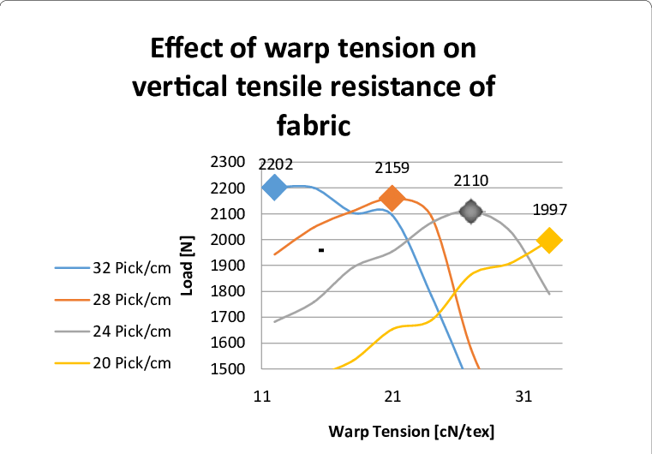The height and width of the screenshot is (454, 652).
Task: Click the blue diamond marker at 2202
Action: [274, 188]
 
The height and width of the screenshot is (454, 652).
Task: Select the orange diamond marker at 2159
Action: [392, 199]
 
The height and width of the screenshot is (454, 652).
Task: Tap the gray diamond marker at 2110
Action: [470, 212]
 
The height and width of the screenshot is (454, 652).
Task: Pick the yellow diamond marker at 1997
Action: [549, 241]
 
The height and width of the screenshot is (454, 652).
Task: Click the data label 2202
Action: [276, 164]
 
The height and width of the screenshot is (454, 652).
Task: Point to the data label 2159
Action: [392, 168]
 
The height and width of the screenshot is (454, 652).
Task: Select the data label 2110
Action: [470, 181]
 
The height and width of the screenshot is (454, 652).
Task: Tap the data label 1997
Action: [550, 210]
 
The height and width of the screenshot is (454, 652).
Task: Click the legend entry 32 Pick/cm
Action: [113, 268]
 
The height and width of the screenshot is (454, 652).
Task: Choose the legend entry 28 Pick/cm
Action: [113, 300]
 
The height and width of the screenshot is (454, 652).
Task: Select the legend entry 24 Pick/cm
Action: [113, 332]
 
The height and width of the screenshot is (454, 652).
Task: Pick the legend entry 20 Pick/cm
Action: [113, 363]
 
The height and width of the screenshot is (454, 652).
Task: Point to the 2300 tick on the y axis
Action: [227, 162]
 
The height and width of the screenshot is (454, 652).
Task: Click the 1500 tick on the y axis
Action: [227, 369]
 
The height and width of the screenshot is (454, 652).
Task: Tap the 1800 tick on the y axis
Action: [227, 291]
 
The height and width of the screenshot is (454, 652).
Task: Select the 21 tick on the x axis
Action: [392, 397]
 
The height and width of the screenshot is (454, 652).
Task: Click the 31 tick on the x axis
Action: [523, 397]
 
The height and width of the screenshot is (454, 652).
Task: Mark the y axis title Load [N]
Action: [188, 266]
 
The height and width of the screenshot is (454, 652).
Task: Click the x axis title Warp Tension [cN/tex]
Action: [411, 432]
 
